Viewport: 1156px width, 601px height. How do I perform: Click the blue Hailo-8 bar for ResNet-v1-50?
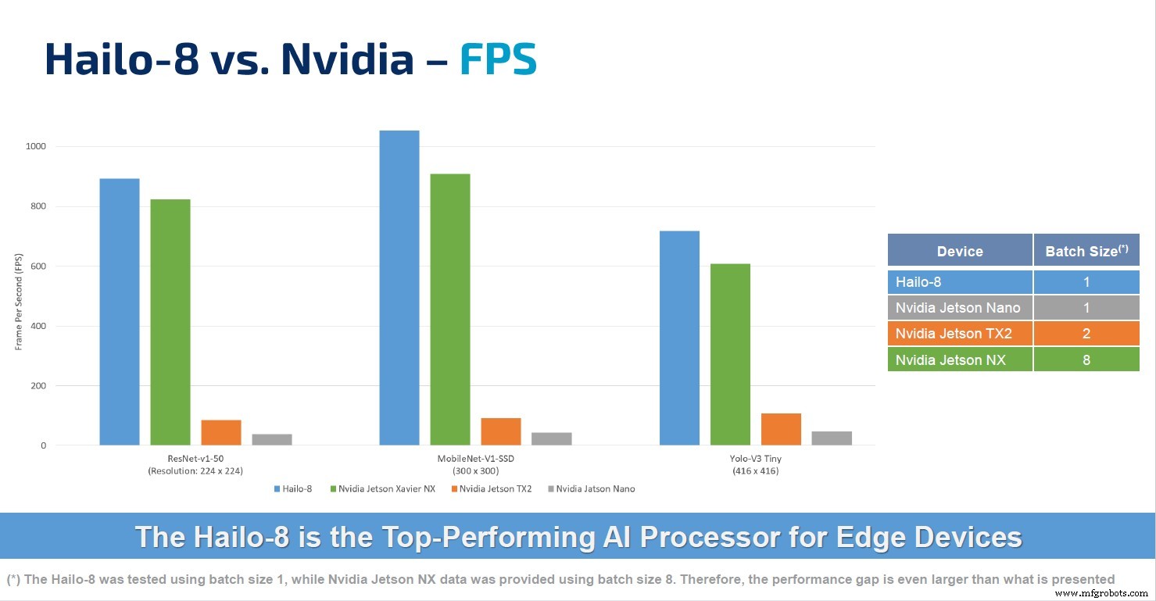click(120, 312)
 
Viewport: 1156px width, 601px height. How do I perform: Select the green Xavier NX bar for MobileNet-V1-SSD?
click(450, 309)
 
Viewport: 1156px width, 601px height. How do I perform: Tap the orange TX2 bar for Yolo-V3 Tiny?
click(781, 429)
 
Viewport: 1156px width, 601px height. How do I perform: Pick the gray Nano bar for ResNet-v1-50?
click(272, 439)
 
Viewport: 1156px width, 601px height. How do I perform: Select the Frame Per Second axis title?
click(19, 302)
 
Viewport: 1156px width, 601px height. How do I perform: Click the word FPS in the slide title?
click(498, 59)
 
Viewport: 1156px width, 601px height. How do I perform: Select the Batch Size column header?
click(1086, 251)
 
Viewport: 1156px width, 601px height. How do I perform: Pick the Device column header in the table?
click(960, 251)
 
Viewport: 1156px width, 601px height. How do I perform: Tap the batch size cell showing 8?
click(1086, 360)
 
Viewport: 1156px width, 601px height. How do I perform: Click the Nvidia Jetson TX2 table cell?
click(960, 334)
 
